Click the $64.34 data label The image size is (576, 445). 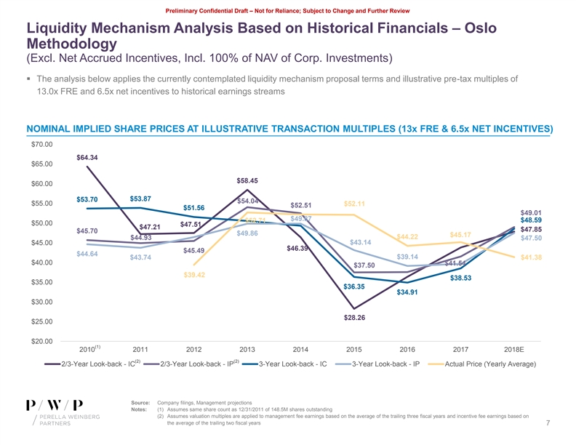coord(87,158)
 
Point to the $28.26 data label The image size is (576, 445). coord(355,318)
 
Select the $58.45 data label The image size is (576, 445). coord(247,180)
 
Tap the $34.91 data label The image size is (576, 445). coord(408,293)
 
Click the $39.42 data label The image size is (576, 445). coord(194,275)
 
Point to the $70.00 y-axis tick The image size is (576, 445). coord(41,145)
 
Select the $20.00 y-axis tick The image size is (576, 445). coord(41,342)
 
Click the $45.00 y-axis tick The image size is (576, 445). coord(41,243)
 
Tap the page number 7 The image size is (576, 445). coord(546,424)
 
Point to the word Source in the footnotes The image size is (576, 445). coord(140,402)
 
